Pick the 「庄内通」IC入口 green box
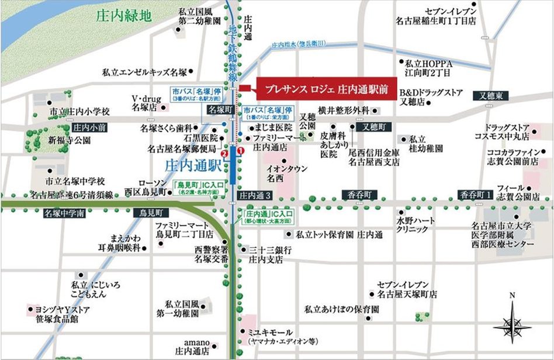[x=269, y=217]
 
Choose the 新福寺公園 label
[x=70, y=140]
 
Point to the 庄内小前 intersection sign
[x=89, y=127]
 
